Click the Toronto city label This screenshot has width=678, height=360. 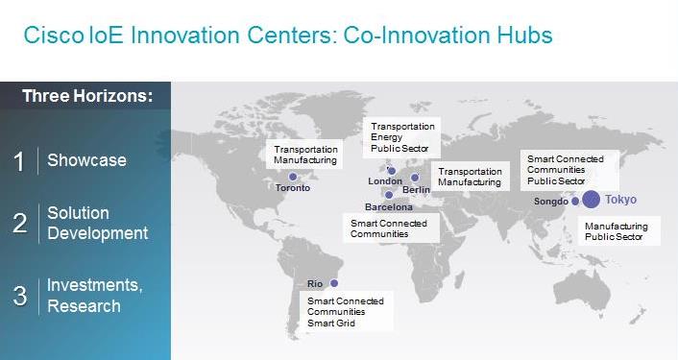click(x=293, y=188)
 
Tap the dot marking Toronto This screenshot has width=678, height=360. click(x=293, y=177)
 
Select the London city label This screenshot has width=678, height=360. click(x=385, y=181)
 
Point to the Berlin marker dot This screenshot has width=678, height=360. click(x=415, y=178)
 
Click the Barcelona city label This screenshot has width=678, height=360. click(x=389, y=207)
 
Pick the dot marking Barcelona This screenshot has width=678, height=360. click(x=389, y=195)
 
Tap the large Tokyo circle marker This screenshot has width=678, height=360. click(x=591, y=200)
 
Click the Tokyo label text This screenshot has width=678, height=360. click(x=620, y=200)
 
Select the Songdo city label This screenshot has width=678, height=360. click(x=551, y=202)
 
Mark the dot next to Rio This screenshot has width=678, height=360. click(x=334, y=283)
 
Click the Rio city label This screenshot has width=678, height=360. click(x=315, y=284)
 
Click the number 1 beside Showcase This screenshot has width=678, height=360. click(x=18, y=161)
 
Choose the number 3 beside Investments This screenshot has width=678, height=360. click(x=20, y=296)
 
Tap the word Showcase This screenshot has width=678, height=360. click(x=86, y=160)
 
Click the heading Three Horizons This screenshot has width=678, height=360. click(x=87, y=95)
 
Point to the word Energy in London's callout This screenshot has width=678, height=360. click(x=386, y=137)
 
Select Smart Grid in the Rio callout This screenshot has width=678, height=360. click(x=331, y=323)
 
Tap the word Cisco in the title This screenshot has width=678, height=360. click(x=53, y=35)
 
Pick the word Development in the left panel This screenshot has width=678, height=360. click(x=97, y=233)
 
